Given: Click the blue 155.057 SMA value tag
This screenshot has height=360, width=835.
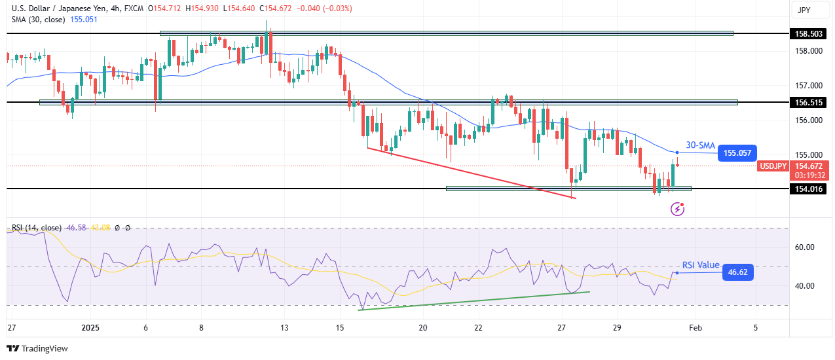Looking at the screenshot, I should [x=737, y=153].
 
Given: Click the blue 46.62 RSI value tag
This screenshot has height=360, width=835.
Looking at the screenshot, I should [x=737, y=272].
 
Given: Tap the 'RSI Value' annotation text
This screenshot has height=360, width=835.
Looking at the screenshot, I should [x=701, y=265].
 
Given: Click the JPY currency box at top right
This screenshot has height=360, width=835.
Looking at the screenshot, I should [x=803, y=10].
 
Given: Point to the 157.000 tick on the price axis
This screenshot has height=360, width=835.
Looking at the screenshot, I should [x=807, y=85].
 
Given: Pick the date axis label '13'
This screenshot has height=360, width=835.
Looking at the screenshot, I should [x=284, y=327].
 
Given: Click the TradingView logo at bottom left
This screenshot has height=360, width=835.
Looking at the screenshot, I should [x=37, y=349].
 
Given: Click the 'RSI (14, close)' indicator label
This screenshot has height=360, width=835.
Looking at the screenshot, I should [x=37, y=228].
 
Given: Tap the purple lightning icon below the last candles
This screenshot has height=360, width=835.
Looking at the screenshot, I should [x=678, y=209].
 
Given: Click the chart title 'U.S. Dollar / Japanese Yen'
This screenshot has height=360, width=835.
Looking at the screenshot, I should [x=59, y=8].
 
